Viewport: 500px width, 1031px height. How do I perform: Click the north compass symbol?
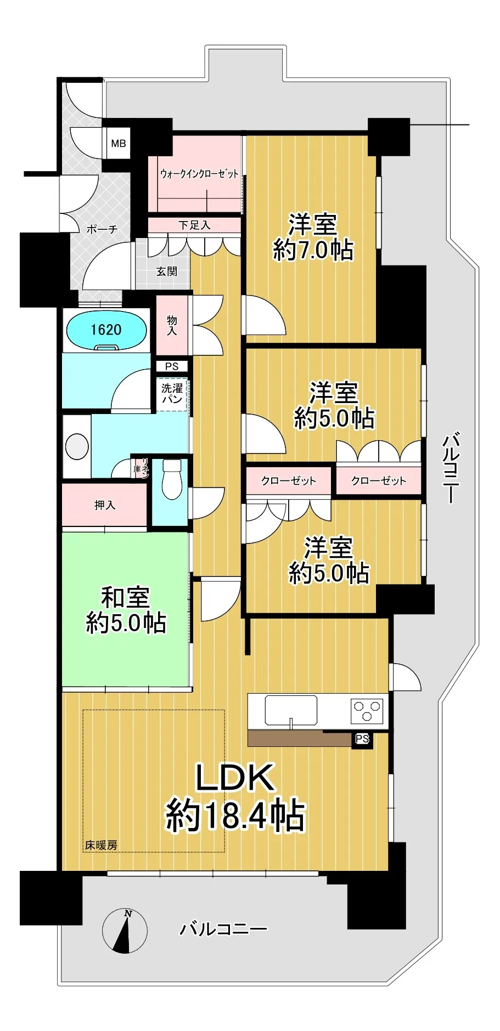(125, 931)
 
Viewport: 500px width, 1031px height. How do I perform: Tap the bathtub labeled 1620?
(106, 330)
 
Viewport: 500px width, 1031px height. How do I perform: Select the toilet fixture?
(172, 479)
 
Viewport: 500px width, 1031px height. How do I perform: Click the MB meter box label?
(119, 144)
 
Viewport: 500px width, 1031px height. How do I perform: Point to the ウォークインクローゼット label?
(199, 174)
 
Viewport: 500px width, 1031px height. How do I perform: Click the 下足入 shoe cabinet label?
(194, 225)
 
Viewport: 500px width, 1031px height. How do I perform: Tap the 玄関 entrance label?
(166, 271)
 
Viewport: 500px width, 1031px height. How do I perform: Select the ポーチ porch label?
(102, 229)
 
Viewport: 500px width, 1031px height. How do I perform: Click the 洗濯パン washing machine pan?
(172, 394)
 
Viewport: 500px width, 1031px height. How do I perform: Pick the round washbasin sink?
(77, 446)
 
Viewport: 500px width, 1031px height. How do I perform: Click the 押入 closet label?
(104, 505)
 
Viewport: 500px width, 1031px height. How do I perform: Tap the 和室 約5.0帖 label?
(126, 610)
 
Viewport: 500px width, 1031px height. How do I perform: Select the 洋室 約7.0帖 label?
(313, 237)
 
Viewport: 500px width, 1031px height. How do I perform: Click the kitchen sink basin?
(291, 711)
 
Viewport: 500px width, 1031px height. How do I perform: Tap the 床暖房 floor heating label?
(101, 845)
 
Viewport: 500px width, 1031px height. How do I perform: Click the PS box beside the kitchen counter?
(362, 739)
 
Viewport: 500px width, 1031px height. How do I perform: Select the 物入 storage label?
(172, 325)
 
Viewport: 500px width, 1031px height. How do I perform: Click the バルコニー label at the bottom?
(224, 929)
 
